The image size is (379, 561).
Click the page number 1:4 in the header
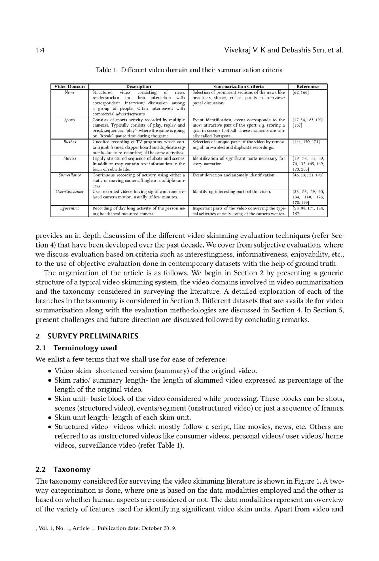40,50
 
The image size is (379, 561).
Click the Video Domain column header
69,87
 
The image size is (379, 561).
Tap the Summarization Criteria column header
238,87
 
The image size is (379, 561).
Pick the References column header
308,87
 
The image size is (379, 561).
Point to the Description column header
139,87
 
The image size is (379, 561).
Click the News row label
69,92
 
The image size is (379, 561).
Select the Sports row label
69,120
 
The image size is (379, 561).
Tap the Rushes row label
69,142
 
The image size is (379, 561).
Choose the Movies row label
69,158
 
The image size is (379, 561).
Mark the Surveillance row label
69,175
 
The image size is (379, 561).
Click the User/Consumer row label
69,192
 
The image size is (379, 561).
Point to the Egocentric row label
69,208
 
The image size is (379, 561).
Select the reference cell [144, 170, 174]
306,142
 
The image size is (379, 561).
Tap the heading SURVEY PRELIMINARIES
93,336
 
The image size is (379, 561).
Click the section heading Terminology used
85,348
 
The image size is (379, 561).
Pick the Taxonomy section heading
72,469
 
